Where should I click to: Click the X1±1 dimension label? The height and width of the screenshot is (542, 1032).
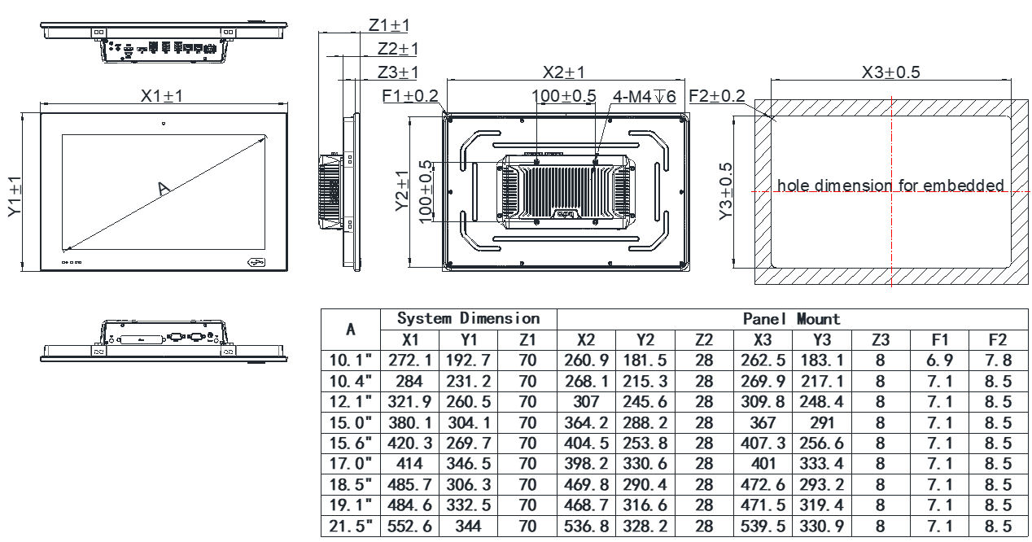161,96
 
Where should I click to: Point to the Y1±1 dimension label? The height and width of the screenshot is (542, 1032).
15,192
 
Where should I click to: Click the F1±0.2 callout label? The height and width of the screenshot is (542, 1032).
410,96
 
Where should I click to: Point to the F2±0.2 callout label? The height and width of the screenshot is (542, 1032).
717,96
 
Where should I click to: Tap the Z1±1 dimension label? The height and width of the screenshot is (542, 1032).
389,26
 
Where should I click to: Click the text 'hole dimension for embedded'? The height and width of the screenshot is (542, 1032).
890,186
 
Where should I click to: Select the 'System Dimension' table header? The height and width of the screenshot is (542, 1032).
468,318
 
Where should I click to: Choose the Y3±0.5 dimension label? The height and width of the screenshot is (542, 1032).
728,192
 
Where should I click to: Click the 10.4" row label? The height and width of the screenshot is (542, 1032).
350,381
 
